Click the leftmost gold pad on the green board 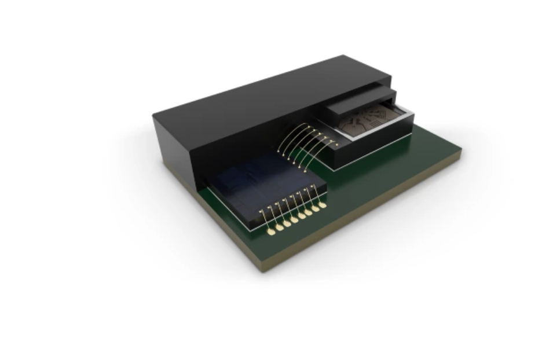[x=271, y=232]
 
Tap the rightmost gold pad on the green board [x=323, y=204]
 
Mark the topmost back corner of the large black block [x=344, y=56]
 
